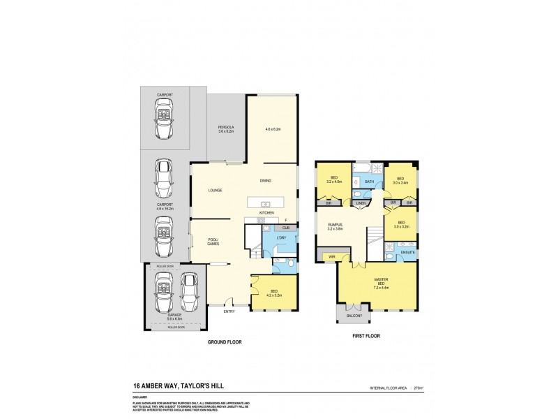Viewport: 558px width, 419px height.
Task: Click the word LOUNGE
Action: click(214, 189)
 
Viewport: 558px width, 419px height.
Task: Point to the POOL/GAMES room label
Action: click(214, 242)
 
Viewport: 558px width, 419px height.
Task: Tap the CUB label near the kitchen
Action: click(286, 228)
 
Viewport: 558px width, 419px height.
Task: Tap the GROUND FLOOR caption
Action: click(225, 343)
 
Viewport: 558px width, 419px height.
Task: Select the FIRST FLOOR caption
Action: click(365, 336)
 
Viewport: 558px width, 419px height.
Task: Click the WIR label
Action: click(332, 257)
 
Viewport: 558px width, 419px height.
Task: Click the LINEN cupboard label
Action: click(360, 203)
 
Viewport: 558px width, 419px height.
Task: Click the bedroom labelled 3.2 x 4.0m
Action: click(336, 180)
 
